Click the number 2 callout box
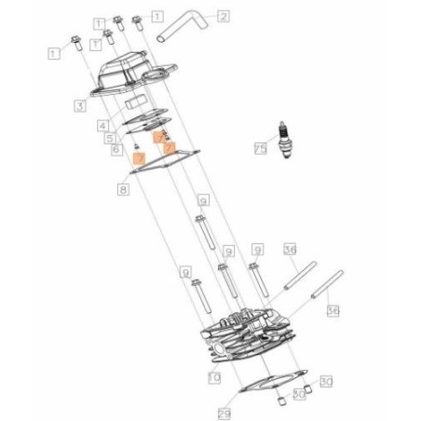point(224,16)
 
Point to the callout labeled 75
point(261,147)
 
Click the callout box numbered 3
point(81,107)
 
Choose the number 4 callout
point(103,125)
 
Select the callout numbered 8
point(122,189)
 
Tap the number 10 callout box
point(213,377)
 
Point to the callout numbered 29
point(224,412)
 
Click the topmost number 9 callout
point(203,201)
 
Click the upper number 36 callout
point(290,251)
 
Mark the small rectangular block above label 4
point(139,102)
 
